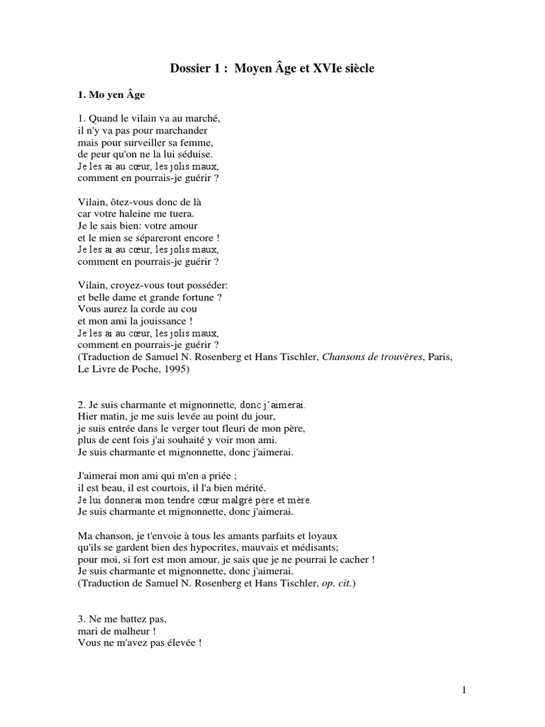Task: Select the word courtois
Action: pyautogui.click(x=172, y=488)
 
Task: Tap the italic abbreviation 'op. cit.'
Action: pyautogui.click(x=335, y=583)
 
